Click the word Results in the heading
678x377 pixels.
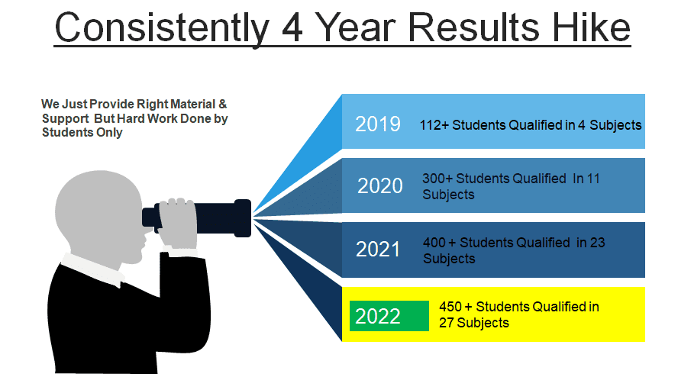[x=473, y=27]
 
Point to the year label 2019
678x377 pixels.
[x=377, y=124]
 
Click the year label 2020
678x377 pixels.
[x=379, y=186]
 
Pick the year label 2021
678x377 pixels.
[x=377, y=250]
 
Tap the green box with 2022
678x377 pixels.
[x=389, y=316]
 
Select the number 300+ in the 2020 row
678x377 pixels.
[x=437, y=179]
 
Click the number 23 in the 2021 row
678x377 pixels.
[x=597, y=243]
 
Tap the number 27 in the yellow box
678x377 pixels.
[x=446, y=323]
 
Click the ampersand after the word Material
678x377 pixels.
[x=222, y=105]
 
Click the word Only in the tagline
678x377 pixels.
[x=109, y=132]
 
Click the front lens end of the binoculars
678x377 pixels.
[x=243, y=218]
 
